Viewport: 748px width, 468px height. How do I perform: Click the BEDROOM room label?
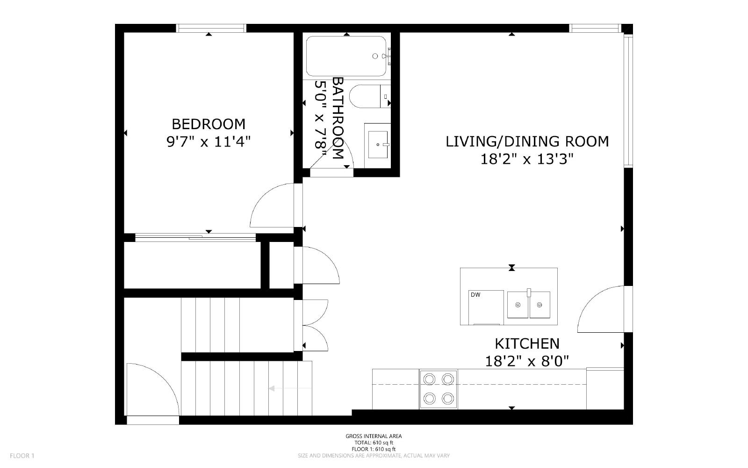coord(209,124)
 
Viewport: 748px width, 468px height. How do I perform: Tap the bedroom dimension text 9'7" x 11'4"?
coord(209,142)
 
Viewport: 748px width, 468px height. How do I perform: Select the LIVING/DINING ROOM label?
coord(527,142)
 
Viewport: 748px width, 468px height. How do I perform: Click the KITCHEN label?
coord(527,344)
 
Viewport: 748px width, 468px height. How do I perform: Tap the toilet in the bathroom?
coord(370,96)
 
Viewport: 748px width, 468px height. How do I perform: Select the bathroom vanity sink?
coord(378,145)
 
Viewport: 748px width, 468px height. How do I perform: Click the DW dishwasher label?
coord(475,295)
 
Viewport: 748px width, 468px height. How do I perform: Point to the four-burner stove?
coord(439,389)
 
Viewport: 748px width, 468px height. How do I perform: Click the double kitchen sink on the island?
coord(529,305)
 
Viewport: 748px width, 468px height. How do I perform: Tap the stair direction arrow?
coord(290,388)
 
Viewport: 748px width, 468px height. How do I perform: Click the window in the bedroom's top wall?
coord(211,28)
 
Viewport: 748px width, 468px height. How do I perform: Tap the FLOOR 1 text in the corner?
coord(22,456)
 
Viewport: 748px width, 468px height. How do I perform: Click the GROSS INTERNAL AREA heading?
coord(374,436)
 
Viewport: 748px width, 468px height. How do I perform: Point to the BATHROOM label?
coord(338,118)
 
